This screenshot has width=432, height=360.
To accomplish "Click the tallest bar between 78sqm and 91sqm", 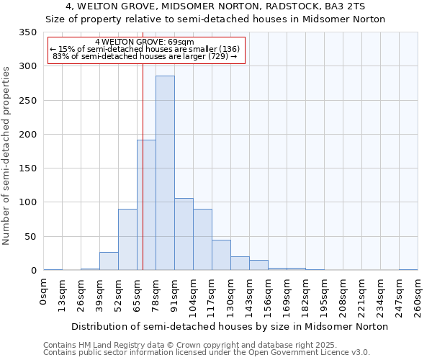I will pyautogui.click(x=165, y=173).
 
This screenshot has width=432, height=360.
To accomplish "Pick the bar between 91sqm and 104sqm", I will pyautogui.click(x=184, y=234).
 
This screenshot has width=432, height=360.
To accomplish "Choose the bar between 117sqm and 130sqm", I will pyautogui.click(x=221, y=255).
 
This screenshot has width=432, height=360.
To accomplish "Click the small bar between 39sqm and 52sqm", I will pyautogui.click(x=109, y=261).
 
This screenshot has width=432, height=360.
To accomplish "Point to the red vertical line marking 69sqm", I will pyautogui.click(x=143, y=158).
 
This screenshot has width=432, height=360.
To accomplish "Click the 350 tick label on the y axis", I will pyautogui.click(x=27, y=32).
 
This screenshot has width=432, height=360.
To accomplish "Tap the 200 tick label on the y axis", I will pyautogui.click(x=27, y=135).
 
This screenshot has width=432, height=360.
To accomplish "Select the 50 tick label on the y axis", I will pyautogui.click(x=30, y=237).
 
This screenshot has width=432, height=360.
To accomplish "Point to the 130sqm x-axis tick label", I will pyautogui.click(x=231, y=295).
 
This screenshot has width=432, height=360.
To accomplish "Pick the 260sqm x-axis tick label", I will pyautogui.click(x=418, y=295).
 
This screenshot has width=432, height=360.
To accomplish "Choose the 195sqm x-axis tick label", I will pyautogui.click(x=325, y=295).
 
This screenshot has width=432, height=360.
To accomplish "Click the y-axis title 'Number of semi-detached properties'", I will pyautogui.click(x=6, y=155).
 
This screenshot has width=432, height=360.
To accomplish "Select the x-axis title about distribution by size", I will pyautogui.click(x=230, y=326).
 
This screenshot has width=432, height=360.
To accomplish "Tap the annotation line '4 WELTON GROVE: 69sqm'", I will pyautogui.click(x=144, y=42).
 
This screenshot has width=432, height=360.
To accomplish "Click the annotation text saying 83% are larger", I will pyautogui.click(x=144, y=56).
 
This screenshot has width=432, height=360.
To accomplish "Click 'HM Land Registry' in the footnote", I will pyautogui.click(x=106, y=345).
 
